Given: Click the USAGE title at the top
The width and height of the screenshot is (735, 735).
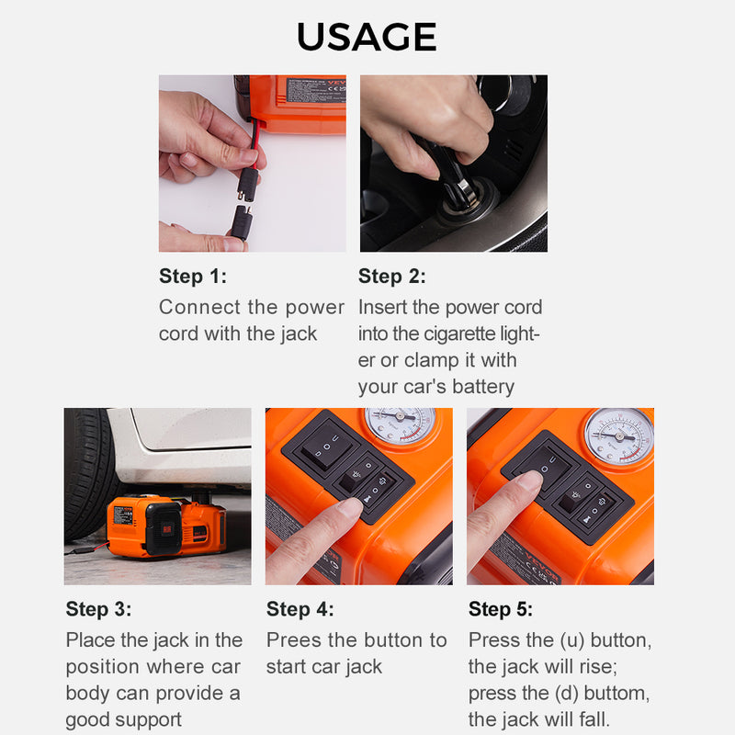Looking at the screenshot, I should coord(367,37).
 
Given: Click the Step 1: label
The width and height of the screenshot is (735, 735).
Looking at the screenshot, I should coord(192,277).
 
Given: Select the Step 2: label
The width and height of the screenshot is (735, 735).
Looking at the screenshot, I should coord(392,277).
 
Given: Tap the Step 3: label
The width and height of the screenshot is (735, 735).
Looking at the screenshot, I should coord(98,609).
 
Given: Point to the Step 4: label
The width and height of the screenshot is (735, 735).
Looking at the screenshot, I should coord(300,609).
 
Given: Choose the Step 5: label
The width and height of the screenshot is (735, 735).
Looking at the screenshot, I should coord(501,609).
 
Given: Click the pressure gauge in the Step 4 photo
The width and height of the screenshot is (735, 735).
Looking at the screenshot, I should coord(399,425).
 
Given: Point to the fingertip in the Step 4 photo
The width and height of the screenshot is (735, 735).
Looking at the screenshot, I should coord(350,508).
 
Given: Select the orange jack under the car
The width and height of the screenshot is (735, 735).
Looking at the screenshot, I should coord(165,526).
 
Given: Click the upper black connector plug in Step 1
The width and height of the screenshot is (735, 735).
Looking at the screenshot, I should coord(246,184).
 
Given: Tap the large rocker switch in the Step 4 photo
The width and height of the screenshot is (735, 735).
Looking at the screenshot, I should coord(320,447).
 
